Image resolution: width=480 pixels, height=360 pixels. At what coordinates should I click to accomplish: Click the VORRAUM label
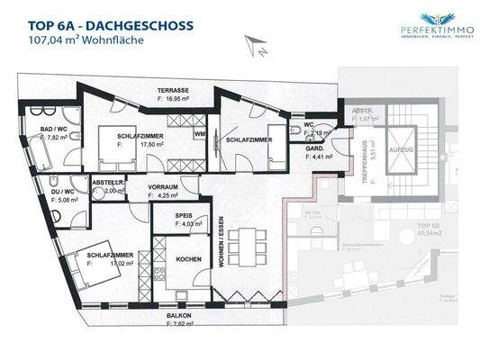[165, 186]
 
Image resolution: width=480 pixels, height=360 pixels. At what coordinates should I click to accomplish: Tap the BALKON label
[177, 315]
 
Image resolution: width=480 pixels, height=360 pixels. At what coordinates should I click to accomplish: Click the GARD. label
[313, 149]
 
